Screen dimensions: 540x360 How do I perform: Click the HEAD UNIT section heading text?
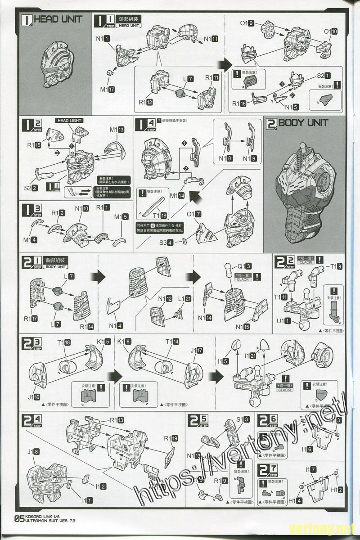(x=58, y=19)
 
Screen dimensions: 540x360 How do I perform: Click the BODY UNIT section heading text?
(x=303, y=123)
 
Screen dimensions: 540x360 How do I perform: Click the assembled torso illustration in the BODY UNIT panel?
(x=306, y=189)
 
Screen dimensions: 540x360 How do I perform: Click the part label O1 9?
(x=247, y=23)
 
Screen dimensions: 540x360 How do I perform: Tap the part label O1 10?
(x=331, y=31)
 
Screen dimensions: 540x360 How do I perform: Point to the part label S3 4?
(x=168, y=243)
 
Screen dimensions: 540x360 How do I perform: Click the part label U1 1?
(x=284, y=321)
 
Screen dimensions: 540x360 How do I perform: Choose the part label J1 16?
(x=34, y=397)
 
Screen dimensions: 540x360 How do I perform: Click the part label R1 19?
(x=171, y=438)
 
